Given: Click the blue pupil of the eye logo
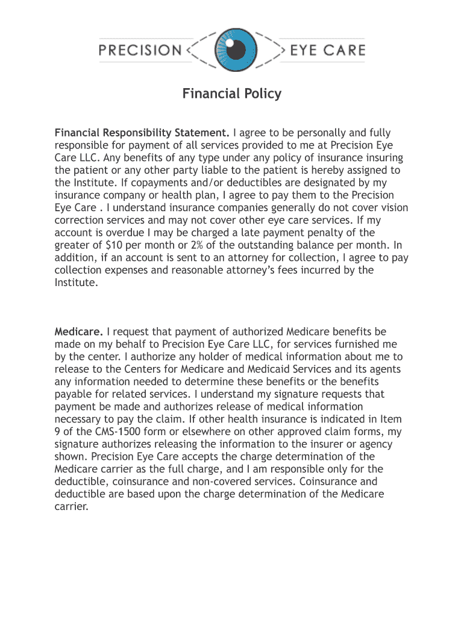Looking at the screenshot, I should tap(232, 48).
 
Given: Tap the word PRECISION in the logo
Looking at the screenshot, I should tap(140, 49).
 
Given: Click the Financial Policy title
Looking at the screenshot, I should tap(232, 94).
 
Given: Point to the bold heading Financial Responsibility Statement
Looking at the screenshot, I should tap(142, 133).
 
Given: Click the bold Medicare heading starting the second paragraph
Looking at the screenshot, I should tap(80, 332).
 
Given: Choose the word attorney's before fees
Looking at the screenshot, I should tap(261, 270).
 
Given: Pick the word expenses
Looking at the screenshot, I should tap(125, 270).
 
